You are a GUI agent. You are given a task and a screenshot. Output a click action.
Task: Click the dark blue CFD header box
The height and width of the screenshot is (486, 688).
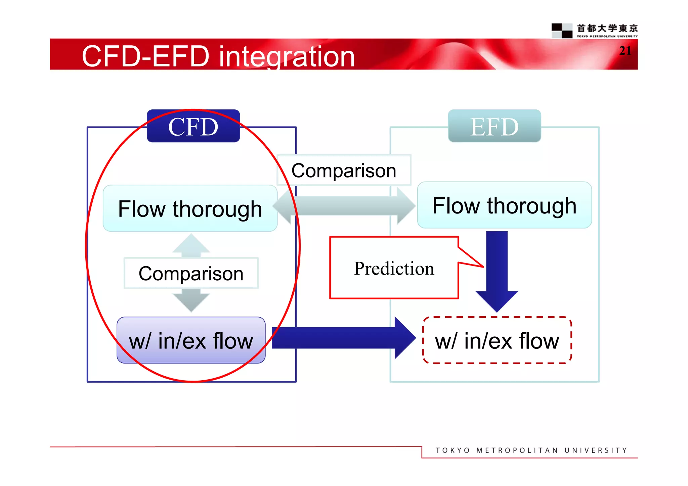193,126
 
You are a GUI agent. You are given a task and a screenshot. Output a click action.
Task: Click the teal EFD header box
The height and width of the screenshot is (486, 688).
494,126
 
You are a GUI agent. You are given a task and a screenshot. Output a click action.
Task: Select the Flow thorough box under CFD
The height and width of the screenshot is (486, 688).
190,208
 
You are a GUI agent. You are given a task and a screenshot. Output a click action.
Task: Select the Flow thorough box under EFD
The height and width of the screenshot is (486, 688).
504,205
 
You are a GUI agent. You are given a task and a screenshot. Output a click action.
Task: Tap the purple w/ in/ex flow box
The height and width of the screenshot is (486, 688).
191,340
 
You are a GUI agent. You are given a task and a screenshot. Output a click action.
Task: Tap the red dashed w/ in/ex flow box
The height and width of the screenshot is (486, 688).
497,340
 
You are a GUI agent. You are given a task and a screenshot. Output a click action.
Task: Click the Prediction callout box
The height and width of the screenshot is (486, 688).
394,268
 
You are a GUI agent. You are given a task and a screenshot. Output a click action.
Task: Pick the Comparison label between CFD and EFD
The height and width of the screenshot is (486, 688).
344,171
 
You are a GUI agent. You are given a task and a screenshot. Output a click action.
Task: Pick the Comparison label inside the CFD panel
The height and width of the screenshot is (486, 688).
191,273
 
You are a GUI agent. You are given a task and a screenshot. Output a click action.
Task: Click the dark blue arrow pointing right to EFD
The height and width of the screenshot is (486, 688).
343,338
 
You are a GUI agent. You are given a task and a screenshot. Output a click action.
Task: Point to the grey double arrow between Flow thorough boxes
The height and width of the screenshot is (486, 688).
344,206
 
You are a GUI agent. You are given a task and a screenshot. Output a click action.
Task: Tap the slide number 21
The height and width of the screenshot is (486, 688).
625,51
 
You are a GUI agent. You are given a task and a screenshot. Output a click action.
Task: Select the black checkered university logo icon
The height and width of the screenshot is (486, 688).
562,31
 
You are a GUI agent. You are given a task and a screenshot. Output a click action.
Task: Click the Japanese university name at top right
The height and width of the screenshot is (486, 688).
607,28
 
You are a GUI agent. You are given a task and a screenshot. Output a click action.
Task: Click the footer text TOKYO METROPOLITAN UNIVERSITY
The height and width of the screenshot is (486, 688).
531,450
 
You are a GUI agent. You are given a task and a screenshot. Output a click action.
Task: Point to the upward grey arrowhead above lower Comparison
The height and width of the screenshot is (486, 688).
191,244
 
